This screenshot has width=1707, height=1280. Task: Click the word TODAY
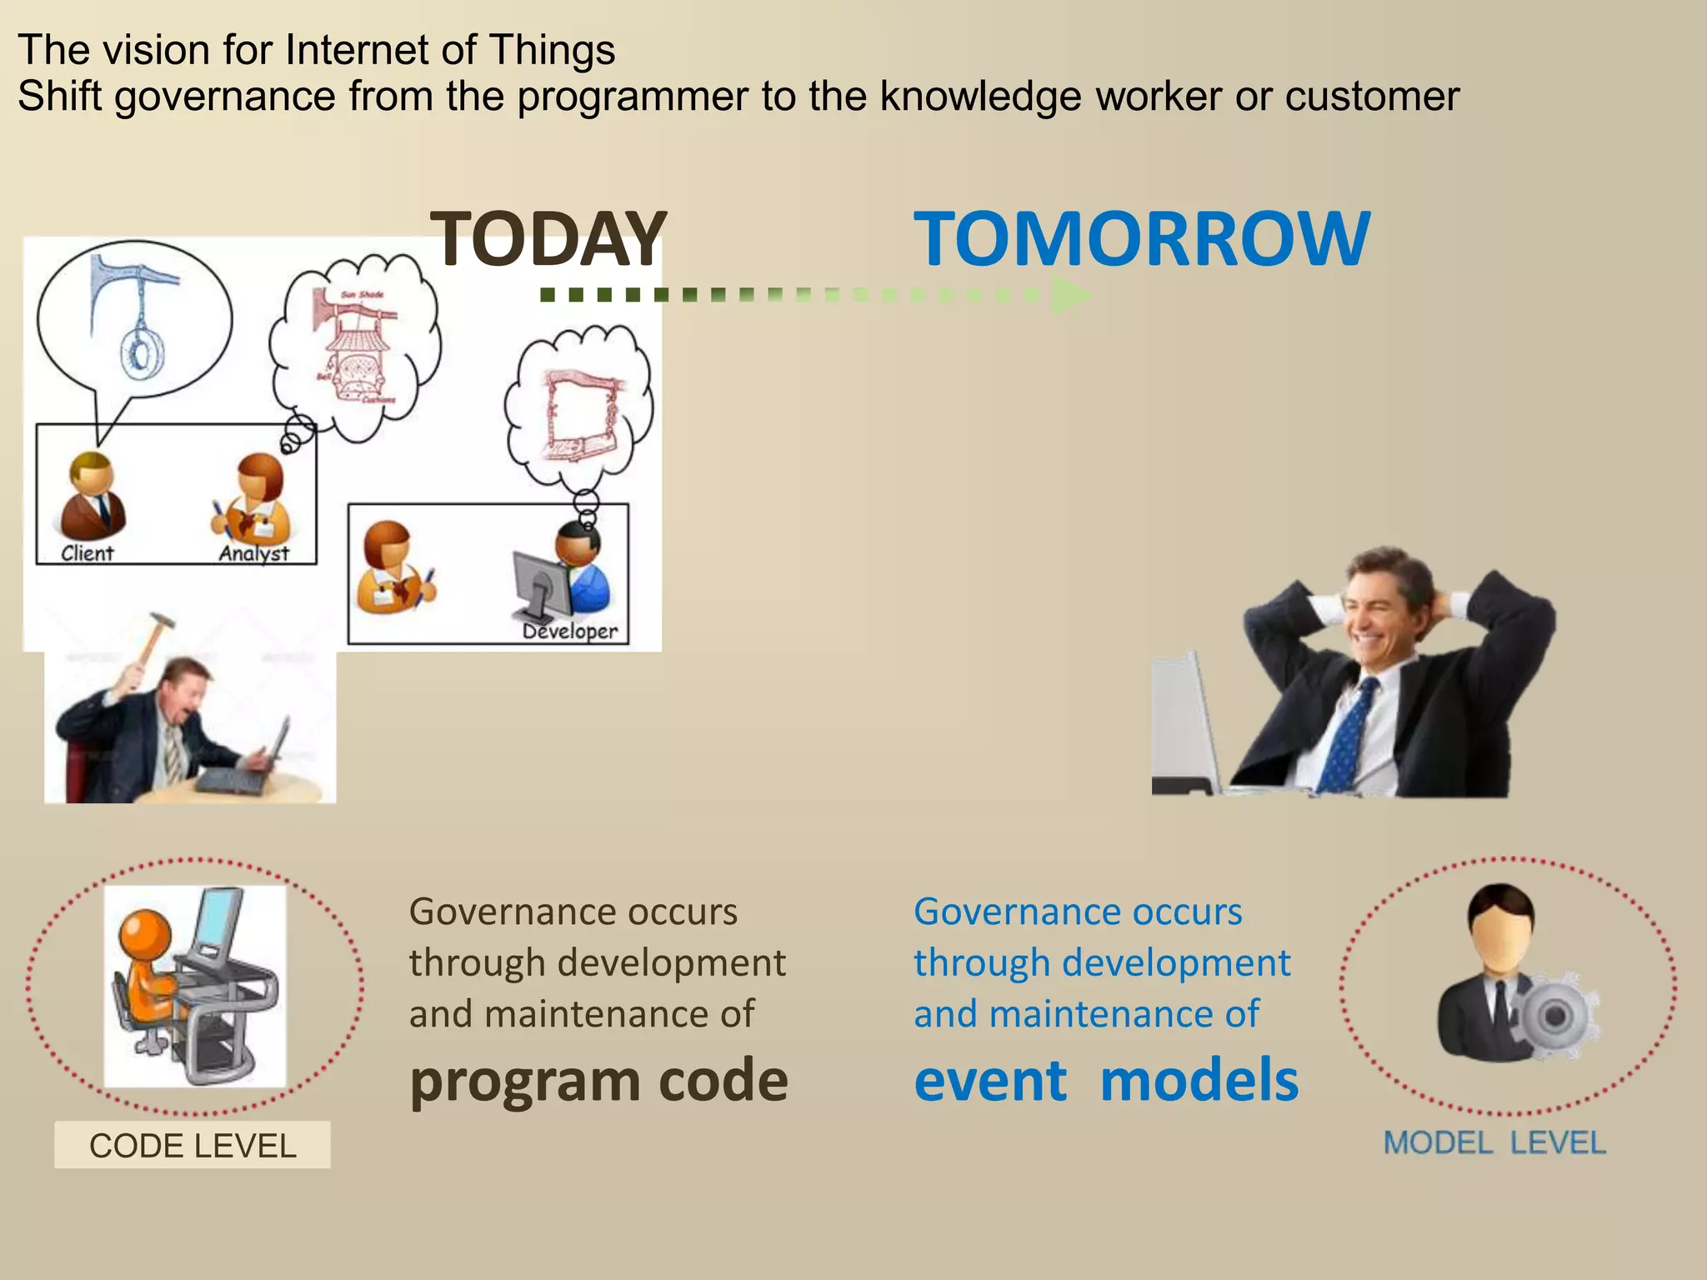(x=548, y=239)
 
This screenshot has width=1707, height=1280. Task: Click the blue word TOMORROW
(x=1141, y=239)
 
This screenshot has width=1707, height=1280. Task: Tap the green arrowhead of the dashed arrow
(x=1069, y=294)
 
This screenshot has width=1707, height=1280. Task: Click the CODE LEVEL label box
(x=193, y=1145)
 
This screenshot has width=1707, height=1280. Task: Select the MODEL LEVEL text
(x=1494, y=1142)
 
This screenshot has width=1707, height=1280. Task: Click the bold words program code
(x=598, y=1081)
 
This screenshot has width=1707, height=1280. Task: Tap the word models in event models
(x=1199, y=1081)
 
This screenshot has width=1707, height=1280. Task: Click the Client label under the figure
(x=87, y=553)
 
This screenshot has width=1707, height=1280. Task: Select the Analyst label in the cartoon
(x=253, y=553)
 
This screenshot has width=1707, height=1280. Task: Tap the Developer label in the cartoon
(x=570, y=632)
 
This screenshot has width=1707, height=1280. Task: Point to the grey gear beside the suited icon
(x=1554, y=1015)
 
